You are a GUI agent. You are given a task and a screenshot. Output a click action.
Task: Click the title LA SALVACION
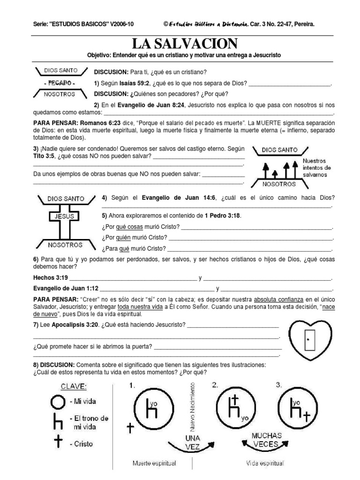184,44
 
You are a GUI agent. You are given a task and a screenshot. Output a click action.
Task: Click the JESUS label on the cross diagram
65,217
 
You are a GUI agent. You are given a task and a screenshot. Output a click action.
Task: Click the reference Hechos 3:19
51,277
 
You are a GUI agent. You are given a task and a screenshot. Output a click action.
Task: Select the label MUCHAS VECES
266,439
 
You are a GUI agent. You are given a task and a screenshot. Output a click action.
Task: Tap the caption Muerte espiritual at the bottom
154,464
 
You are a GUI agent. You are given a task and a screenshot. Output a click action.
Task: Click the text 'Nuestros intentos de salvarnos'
317,167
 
